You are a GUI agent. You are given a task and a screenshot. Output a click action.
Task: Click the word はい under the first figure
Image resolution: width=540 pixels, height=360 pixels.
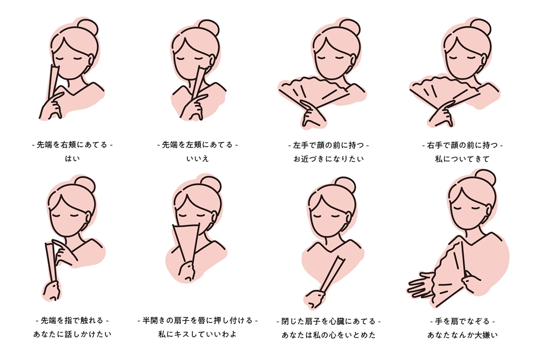pyautogui.click(x=72, y=159)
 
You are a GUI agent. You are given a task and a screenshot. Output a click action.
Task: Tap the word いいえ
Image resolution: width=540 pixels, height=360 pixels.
pyautogui.click(x=198, y=159)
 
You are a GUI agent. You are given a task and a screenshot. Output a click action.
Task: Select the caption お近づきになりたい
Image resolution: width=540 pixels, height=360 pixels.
pyautogui.click(x=328, y=159)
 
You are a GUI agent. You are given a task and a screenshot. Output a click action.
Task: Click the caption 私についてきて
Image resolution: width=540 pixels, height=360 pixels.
pyautogui.click(x=462, y=159)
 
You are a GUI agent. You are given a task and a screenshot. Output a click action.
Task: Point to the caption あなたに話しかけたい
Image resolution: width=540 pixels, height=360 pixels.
pyautogui.click(x=72, y=334)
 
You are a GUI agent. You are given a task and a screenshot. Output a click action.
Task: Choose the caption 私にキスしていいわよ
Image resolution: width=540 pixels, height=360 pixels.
pyautogui.click(x=198, y=334)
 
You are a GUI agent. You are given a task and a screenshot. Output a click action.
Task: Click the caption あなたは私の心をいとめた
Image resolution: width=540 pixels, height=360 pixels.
pyautogui.click(x=328, y=335)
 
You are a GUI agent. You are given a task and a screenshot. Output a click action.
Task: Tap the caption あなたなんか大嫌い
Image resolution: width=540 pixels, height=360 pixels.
pyautogui.click(x=462, y=335)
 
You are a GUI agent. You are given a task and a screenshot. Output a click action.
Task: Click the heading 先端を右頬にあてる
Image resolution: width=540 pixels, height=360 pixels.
pyautogui.click(x=72, y=145)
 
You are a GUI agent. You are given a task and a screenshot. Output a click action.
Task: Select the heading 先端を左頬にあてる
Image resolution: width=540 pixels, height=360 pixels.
pyautogui.click(x=198, y=145)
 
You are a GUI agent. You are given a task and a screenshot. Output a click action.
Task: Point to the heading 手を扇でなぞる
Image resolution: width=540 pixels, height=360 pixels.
pyautogui.click(x=462, y=321)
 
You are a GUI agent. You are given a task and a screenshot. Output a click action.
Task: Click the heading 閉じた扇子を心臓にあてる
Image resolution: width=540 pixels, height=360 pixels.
pyautogui.click(x=328, y=321)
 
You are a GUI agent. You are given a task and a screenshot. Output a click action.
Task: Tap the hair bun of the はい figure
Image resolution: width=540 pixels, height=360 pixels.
pyautogui.click(x=87, y=28)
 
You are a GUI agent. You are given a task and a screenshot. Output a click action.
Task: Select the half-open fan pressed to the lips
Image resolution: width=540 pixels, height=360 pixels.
pyautogui.click(x=186, y=243)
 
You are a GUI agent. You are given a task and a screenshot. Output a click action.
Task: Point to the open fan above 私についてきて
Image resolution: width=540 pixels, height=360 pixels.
pyautogui.click(x=446, y=93)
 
